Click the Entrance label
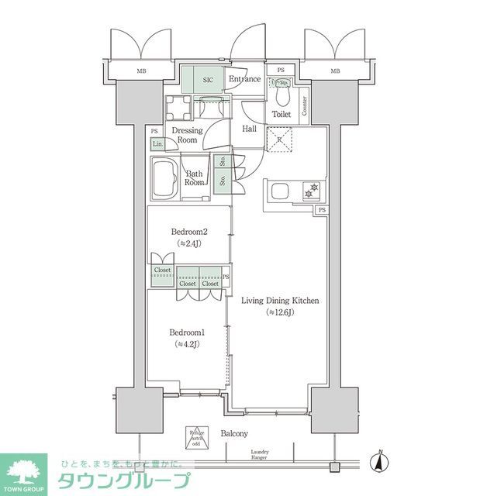[x=243, y=79]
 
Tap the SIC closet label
[x=208, y=79]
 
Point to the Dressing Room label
[x=187, y=136]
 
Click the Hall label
[x=250, y=129]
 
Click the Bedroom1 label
[x=188, y=333]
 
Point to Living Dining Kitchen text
[x=280, y=301]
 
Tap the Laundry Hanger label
[x=260, y=455]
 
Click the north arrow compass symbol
[x=381, y=462]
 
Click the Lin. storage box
[x=157, y=144]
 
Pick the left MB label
[x=141, y=72]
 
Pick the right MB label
[x=335, y=72]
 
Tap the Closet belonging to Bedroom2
[x=162, y=270]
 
